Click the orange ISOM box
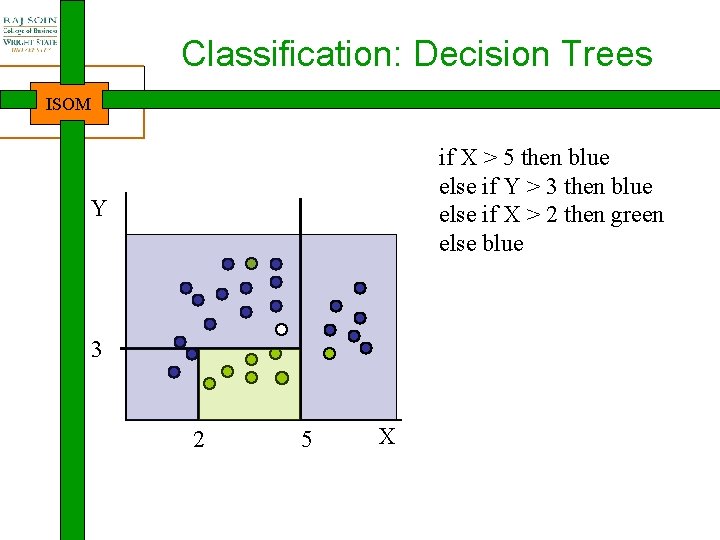click(69, 103)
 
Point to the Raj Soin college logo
click(29, 31)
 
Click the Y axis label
click(98, 209)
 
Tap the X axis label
click(388, 436)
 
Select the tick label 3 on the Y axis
click(96, 350)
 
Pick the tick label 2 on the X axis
click(198, 440)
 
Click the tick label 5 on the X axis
click(306, 440)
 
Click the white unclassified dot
click(282, 329)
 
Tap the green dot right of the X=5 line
click(329, 353)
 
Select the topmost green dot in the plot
click(252, 264)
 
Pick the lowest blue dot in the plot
click(174, 372)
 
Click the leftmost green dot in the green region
click(209, 382)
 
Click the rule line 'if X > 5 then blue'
click(524, 158)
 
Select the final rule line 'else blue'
click(481, 244)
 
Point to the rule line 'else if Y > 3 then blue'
click(545, 187)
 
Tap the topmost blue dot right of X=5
click(360, 288)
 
